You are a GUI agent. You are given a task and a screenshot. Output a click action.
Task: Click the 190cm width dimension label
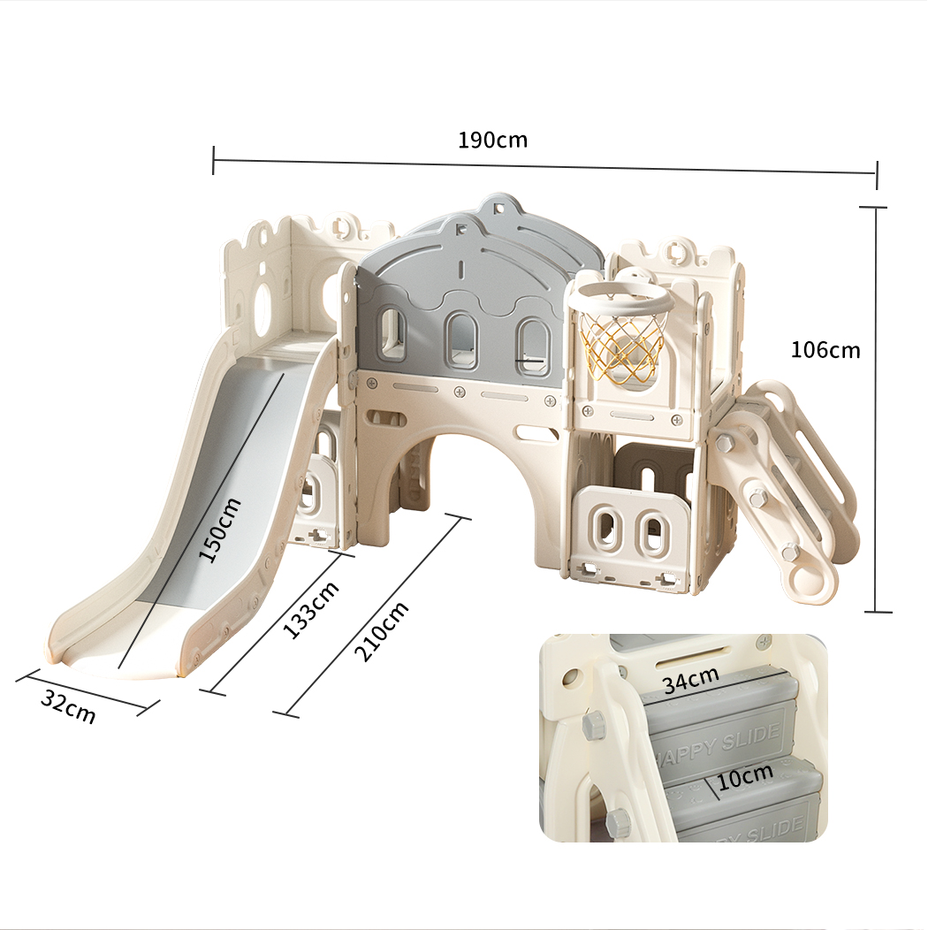[492, 140]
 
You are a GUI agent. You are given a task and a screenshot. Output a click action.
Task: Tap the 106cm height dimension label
[825, 350]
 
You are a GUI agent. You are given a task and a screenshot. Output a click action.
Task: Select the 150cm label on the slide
[219, 530]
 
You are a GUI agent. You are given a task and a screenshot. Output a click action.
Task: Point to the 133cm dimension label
[311, 608]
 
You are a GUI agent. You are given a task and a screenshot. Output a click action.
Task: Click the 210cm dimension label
[381, 631]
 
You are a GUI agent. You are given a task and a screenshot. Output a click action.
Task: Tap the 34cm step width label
[691, 680]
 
